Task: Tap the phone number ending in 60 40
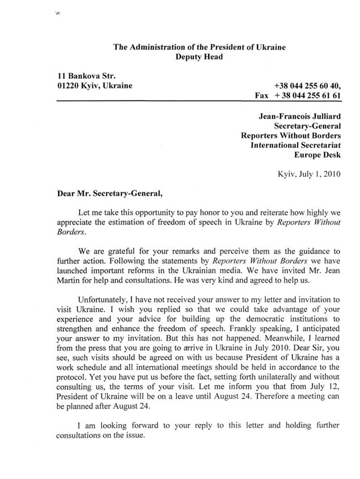tap(307, 86)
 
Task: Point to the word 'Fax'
tap(262, 95)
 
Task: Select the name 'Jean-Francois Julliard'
tap(300, 117)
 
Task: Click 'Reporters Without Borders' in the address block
tap(291, 135)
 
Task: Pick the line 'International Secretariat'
tap(295, 145)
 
